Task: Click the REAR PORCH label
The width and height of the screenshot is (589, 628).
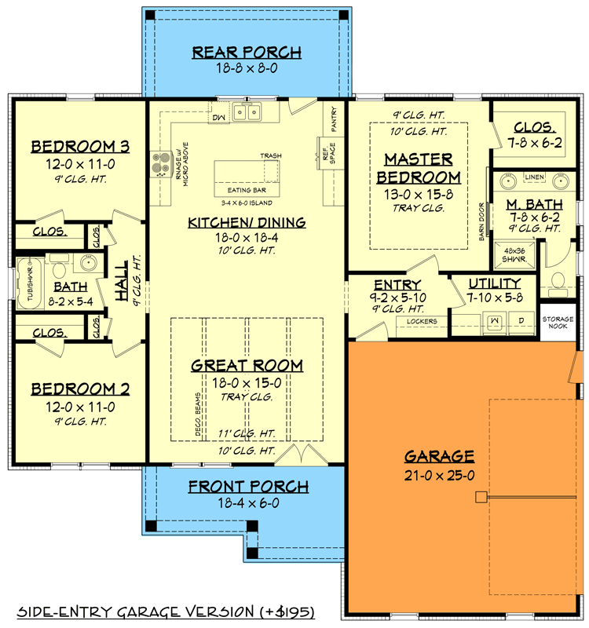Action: [x=247, y=53]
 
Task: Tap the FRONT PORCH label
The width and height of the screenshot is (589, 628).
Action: [x=247, y=487]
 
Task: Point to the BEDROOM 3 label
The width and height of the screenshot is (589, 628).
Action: [x=79, y=147]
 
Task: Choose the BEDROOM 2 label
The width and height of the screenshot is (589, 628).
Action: [x=79, y=389]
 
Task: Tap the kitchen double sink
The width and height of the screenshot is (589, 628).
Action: [x=251, y=114]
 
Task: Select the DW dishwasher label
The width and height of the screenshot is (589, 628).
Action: [x=218, y=118]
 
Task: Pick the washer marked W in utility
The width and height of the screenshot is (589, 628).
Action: [x=496, y=322]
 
